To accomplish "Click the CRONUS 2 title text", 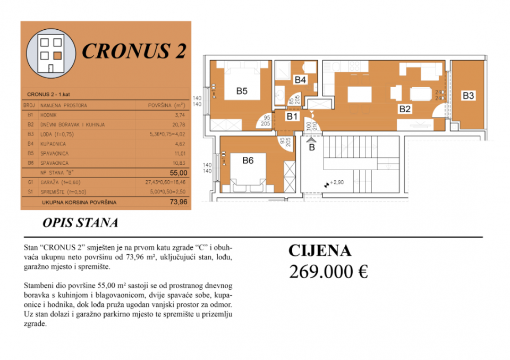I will coord(134,51).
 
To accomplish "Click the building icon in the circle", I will coord(51,53).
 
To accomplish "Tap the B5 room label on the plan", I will coord(242,91).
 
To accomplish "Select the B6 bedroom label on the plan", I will coord(248,161).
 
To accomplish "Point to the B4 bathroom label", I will coord(300,80).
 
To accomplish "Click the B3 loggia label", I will coord(468,96).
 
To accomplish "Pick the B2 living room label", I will coord(405,110).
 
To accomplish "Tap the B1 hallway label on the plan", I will coord(293,116).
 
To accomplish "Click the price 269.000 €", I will coord(328,271).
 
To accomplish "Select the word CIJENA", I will coord(320,251).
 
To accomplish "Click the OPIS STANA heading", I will coord(79,223).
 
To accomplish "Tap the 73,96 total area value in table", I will coord(178,202).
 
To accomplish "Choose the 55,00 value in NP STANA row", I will coord(178,173).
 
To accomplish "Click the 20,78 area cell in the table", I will coord(179,124).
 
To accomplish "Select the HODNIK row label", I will coord(48,115).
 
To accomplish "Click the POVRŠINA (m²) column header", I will coord(166,105).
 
